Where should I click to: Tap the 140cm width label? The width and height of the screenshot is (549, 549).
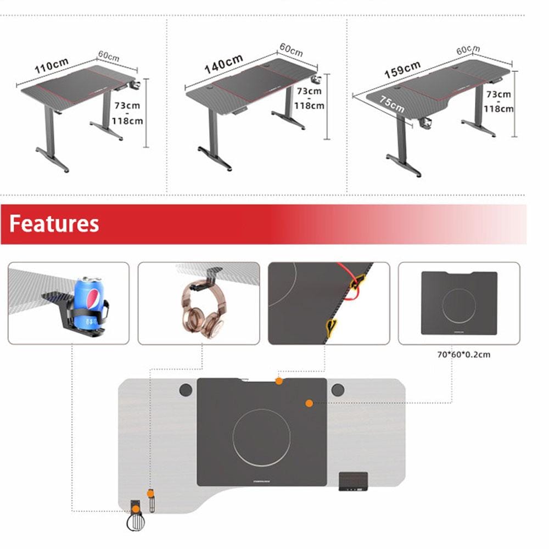[x=224, y=63]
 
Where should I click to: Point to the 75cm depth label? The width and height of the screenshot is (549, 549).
[x=391, y=104]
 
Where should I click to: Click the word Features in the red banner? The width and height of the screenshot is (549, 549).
[x=54, y=224]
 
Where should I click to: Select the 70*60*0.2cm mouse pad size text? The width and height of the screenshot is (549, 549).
[x=463, y=355]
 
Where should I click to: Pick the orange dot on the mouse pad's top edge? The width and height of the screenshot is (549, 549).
[x=279, y=380]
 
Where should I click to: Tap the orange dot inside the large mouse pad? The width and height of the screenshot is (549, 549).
[x=309, y=404]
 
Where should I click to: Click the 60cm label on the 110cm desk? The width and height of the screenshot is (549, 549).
[x=109, y=56]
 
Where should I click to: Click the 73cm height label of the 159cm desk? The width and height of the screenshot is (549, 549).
[x=498, y=94]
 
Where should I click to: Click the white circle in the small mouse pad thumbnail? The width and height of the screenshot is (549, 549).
[x=458, y=304]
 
